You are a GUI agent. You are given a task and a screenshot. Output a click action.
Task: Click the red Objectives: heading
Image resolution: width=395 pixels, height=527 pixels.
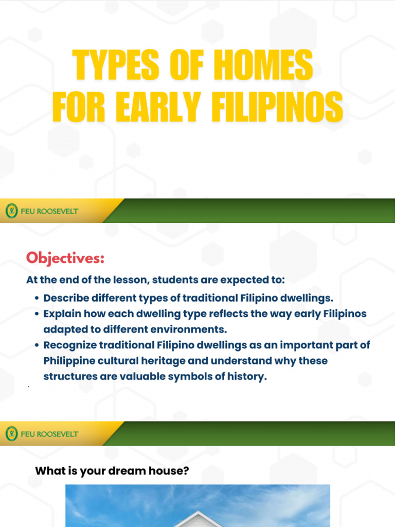(65, 258)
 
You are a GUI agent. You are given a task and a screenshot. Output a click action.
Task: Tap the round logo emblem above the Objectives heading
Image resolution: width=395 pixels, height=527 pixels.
(11, 210)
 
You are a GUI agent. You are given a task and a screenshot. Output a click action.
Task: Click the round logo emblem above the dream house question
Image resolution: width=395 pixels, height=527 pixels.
(11, 434)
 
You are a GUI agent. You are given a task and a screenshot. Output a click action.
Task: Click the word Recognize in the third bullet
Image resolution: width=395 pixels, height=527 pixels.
(69, 345)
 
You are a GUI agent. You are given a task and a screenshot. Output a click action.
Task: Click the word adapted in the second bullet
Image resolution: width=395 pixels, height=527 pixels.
(64, 329)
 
